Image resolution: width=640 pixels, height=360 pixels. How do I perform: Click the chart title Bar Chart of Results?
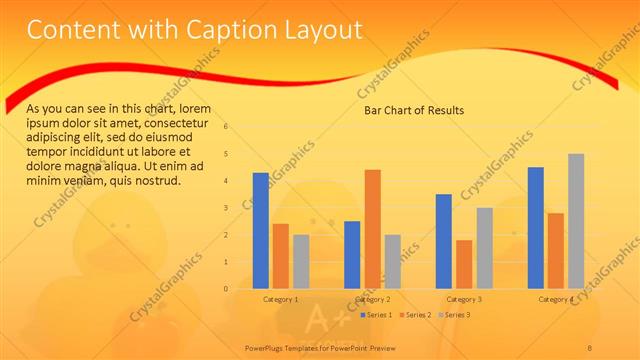pyautogui.click(x=413, y=110)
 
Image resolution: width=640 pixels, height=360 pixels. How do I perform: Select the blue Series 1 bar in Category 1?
pyautogui.click(x=260, y=231)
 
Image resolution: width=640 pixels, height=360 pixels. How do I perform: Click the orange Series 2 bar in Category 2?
pyautogui.click(x=372, y=229)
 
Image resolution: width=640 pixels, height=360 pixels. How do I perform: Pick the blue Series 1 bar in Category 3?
pyautogui.click(x=444, y=241)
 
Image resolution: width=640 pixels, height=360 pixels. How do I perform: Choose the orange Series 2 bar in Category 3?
pyautogui.click(x=464, y=264)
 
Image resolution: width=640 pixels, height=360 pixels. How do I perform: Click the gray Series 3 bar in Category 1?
pyautogui.click(x=301, y=262)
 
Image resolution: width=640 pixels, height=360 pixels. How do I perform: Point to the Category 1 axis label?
pyautogui.click(x=280, y=299)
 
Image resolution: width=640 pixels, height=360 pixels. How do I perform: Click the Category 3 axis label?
pyautogui.click(x=464, y=299)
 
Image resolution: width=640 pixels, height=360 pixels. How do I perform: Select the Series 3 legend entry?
pyautogui.click(x=456, y=315)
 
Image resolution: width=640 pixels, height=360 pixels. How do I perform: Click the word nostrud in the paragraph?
pyautogui.click(x=155, y=181)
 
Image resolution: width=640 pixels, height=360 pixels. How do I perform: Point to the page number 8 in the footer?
pyautogui.click(x=590, y=347)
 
